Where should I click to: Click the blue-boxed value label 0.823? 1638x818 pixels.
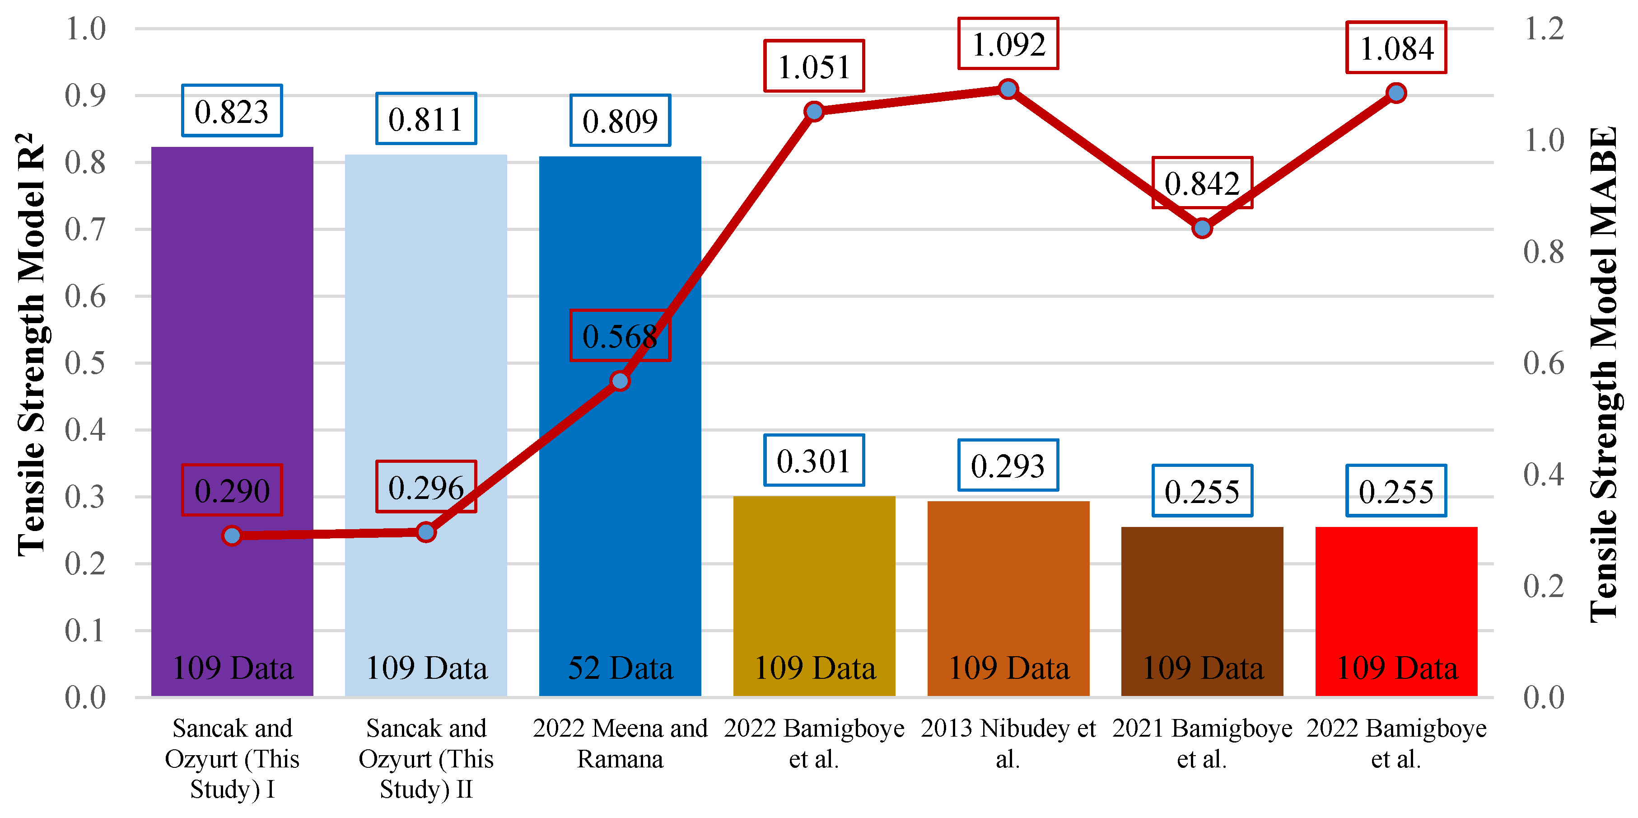[x=232, y=111]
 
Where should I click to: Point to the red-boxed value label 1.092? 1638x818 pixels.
[x=1008, y=43]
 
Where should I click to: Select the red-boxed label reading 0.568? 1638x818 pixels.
[x=620, y=335]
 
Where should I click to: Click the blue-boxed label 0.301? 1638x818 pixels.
[x=814, y=460]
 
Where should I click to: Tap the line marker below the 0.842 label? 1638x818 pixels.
[x=1202, y=228]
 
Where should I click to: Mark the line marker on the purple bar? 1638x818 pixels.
[x=232, y=536]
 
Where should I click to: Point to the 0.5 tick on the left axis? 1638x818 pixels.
[x=85, y=363]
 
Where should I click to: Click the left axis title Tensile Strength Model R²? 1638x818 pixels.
[x=32, y=343]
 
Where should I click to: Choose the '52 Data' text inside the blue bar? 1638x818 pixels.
[x=620, y=668]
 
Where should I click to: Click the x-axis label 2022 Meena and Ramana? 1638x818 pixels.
[x=620, y=743]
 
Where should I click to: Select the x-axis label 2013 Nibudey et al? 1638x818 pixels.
[x=1008, y=743]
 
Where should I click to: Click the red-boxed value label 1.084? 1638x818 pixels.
[x=1396, y=48]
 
